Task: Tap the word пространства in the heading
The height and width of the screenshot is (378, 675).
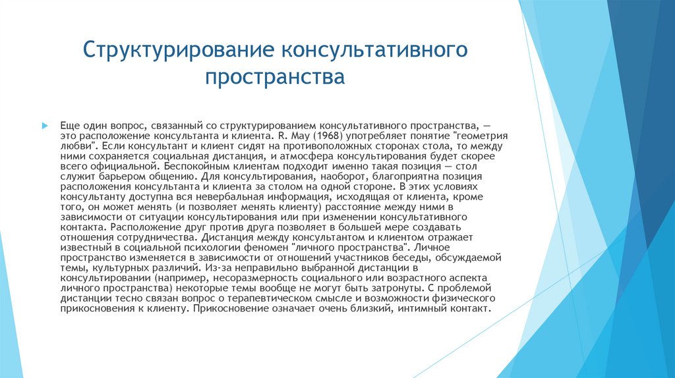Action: point(275,77)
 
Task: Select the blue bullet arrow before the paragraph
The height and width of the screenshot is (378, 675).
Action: point(45,124)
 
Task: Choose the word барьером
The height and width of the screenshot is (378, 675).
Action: point(111,176)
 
